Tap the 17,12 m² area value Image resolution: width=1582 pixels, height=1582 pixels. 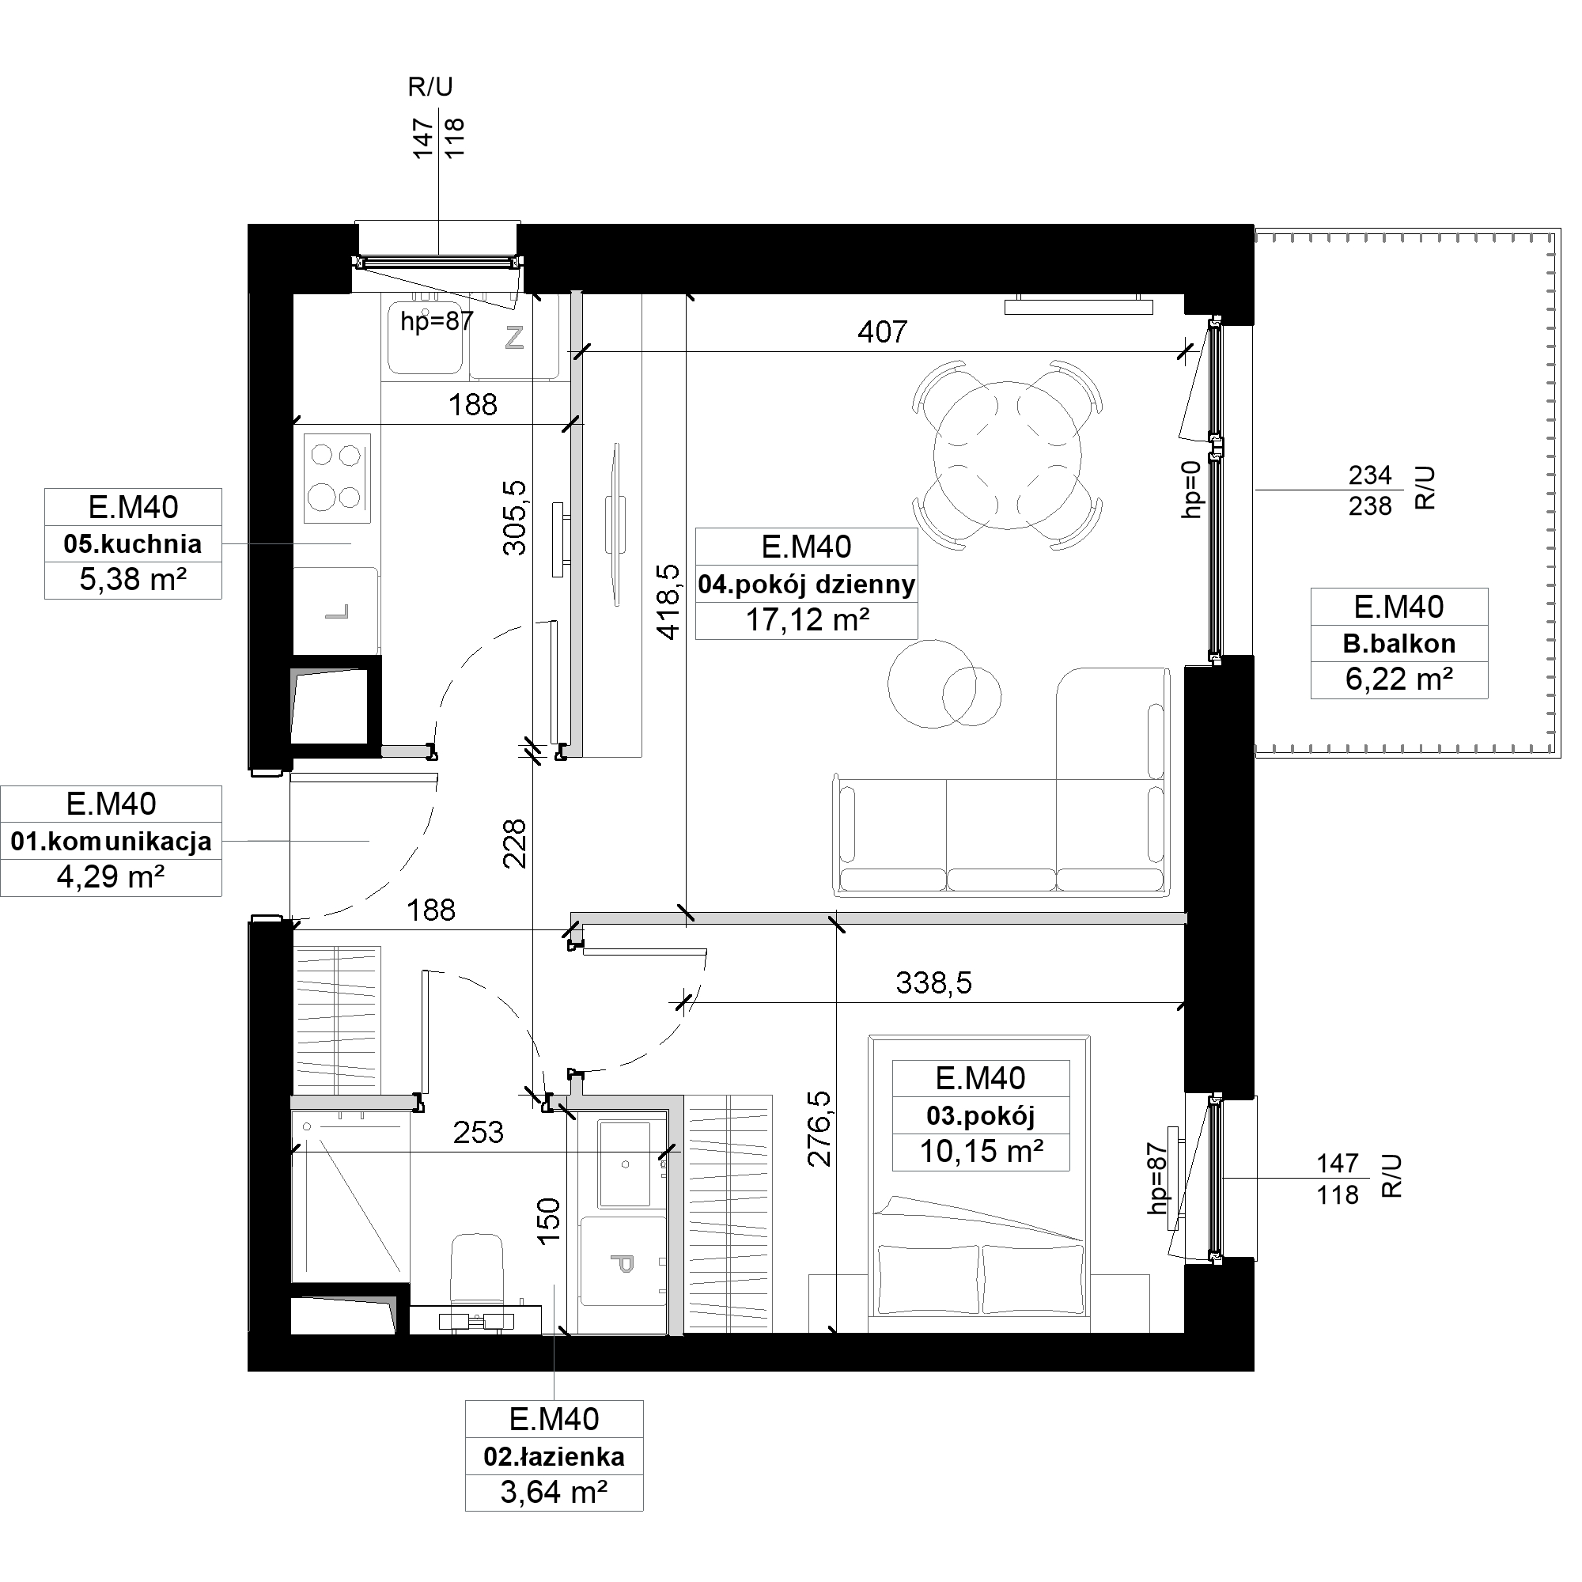click(808, 621)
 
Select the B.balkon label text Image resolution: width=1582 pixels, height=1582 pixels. click(1399, 645)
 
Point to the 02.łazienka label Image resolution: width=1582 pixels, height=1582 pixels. click(554, 1458)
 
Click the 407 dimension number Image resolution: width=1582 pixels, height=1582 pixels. click(883, 331)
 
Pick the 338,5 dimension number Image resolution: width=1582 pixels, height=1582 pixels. click(933, 982)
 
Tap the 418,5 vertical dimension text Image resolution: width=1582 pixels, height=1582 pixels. click(669, 602)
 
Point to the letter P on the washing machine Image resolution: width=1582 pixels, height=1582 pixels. click(623, 1265)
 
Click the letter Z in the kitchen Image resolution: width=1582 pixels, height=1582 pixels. click(514, 338)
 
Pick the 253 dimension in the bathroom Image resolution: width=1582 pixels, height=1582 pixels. click(479, 1134)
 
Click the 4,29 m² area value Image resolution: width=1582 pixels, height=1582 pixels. click(111, 878)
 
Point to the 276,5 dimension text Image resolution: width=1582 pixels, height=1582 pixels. click(819, 1130)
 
